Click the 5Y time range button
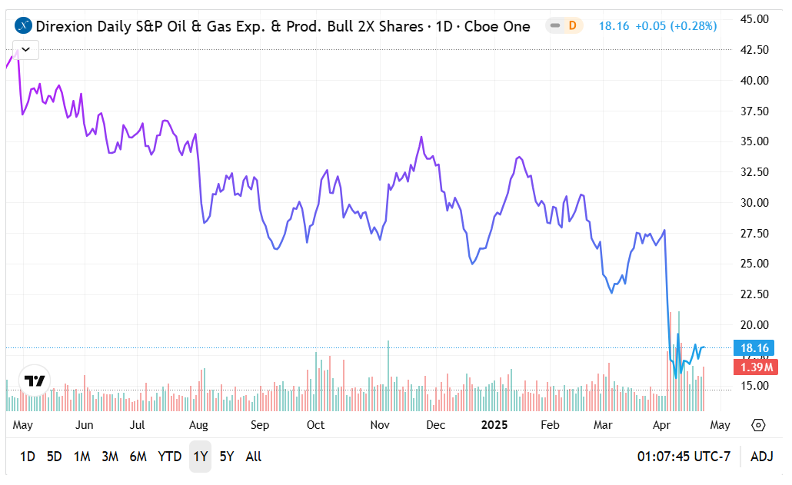click(x=226, y=457)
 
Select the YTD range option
click(x=169, y=457)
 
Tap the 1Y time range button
click(x=200, y=457)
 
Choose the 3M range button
click(x=109, y=457)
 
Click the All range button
click(x=254, y=457)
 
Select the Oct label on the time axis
click(x=315, y=425)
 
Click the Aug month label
click(x=198, y=425)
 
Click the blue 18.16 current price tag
click(x=754, y=348)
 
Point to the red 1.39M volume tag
click(x=754, y=367)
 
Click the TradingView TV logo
click(x=35, y=381)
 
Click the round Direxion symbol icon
click(x=24, y=26)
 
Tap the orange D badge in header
click(x=572, y=26)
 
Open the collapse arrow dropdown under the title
click(x=27, y=49)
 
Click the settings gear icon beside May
click(x=759, y=425)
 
